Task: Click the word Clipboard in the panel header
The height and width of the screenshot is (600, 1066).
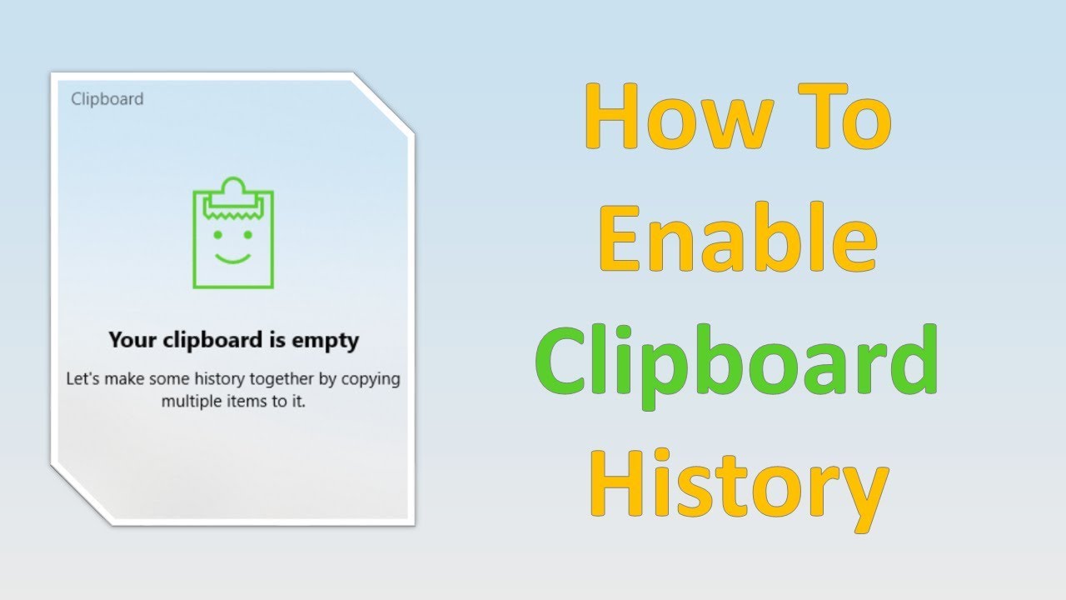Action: tap(107, 99)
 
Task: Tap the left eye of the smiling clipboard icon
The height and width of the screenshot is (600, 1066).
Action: tap(218, 235)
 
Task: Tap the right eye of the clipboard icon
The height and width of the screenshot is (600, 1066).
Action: tap(248, 235)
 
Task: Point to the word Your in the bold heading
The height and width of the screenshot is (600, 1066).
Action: tap(132, 340)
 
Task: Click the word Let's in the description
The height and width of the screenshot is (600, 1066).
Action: tap(84, 379)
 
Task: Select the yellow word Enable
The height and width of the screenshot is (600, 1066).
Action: tap(738, 237)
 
